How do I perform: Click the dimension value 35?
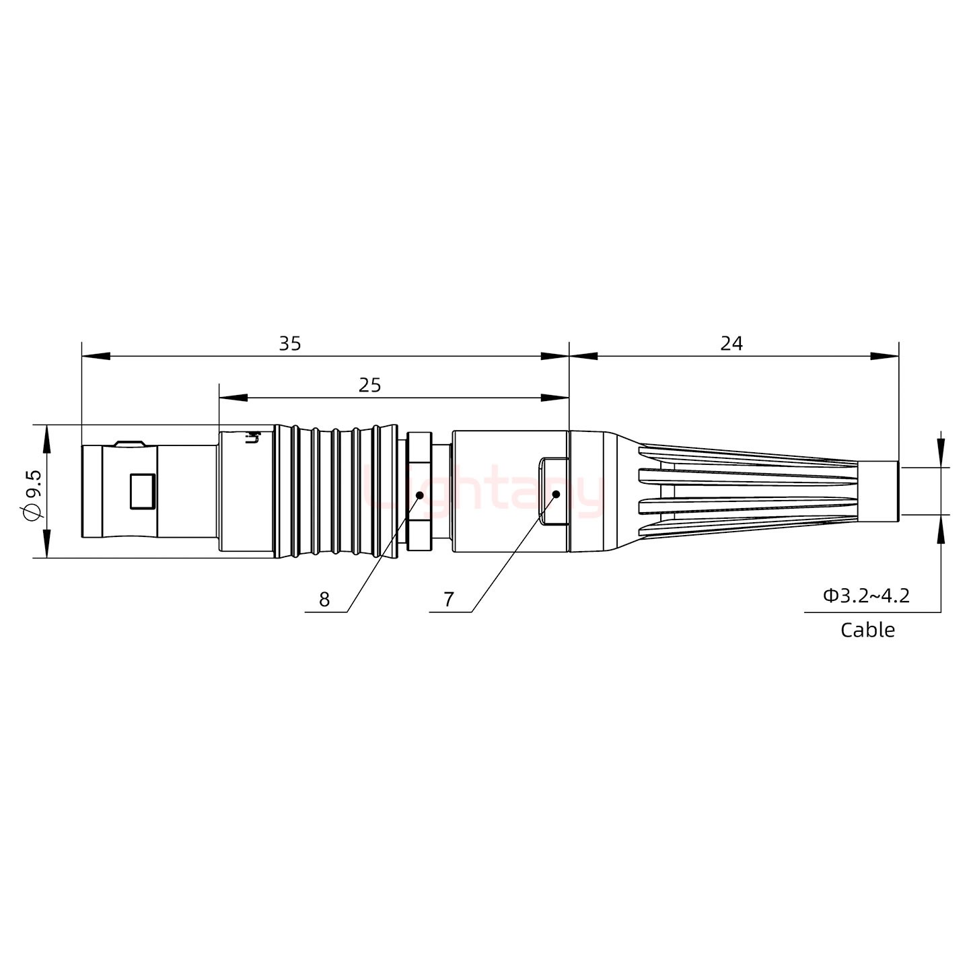coord(290,344)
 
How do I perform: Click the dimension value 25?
coord(369,386)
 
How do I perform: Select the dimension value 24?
coord(731,344)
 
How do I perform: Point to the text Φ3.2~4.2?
coord(866,596)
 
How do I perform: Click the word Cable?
coord(867,631)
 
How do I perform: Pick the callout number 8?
coord(324,600)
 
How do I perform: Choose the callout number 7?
coord(449,600)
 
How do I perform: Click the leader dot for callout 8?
coord(419,495)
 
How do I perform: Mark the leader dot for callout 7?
coord(557,495)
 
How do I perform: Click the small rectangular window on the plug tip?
coord(142,491)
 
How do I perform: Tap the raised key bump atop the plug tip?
coord(129,443)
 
